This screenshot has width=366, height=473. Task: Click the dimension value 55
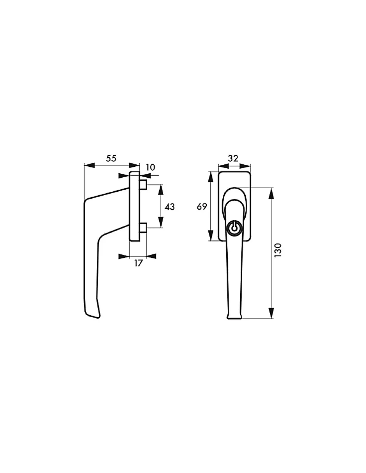click(x=111, y=159)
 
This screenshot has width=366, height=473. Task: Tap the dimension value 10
click(x=150, y=168)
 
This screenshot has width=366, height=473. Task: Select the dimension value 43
click(x=170, y=207)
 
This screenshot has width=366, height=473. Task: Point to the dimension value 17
click(x=138, y=263)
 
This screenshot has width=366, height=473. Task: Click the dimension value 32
click(x=233, y=159)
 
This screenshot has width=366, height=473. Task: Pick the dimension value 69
click(x=202, y=206)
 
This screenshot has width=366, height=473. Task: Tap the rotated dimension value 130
click(x=278, y=250)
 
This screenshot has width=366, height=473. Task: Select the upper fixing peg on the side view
click(x=143, y=185)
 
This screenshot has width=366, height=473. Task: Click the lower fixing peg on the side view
click(x=143, y=228)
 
